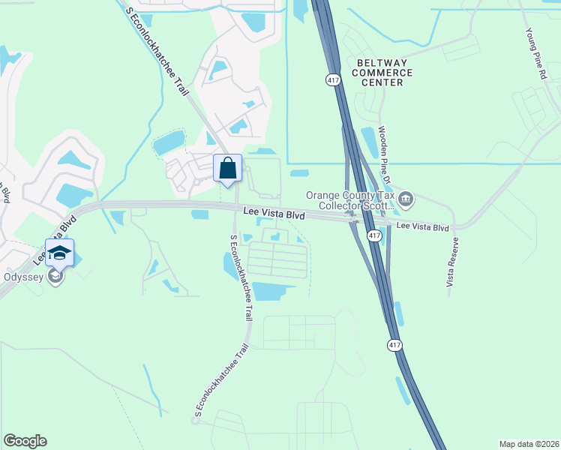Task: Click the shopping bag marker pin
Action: coord(228,169)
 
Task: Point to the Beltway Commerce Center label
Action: coord(385,73)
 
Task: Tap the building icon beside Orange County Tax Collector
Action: coord(406,199)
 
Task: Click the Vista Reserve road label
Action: coord(452,262)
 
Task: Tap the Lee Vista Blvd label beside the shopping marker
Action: coord(274,214)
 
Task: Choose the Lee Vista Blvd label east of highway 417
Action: coord(422,226)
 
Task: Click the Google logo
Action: coord(25,441)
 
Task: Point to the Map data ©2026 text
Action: coord(528,443)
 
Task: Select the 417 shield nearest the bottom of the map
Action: coord(394,345)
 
